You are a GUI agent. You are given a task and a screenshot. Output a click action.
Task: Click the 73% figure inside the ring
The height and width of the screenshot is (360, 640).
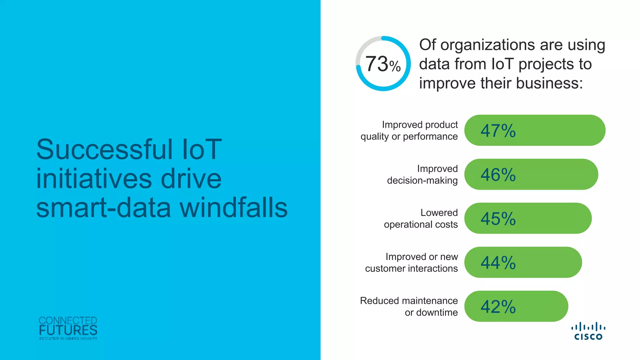[x=383, y=64]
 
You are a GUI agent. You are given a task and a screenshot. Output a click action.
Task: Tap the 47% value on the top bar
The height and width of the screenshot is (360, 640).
[x=498, y=131]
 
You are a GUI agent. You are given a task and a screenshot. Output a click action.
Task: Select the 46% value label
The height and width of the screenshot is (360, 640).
[x=498, y=175]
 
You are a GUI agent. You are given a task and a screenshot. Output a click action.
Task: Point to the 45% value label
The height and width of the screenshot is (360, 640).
[x=498, y=219]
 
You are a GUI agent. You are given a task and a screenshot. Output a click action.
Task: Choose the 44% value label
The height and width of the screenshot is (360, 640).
[x=498, y=263]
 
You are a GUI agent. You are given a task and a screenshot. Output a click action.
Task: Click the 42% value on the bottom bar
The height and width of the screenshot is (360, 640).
[x=498, y=307]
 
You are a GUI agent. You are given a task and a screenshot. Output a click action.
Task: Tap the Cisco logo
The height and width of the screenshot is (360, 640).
[x=588, y=331]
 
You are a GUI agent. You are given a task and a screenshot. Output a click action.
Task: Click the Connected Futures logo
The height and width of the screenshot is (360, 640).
[x=68, y=328]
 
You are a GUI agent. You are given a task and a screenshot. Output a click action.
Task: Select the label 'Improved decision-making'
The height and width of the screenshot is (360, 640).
[x=422, y=174]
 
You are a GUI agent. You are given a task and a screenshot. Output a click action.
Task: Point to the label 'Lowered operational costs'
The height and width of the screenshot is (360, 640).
[x=421, y=218]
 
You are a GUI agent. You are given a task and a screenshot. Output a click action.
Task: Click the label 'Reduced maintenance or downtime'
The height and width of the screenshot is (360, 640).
[x=409, y=306]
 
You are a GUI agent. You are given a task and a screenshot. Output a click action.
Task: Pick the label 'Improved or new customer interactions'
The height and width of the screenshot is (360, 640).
[x=412, y=262]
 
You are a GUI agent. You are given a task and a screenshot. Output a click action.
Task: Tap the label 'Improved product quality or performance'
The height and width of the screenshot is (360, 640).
[x=409, y=130]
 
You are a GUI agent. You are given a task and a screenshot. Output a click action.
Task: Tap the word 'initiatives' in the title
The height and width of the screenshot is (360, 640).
[x=94, y=179]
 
